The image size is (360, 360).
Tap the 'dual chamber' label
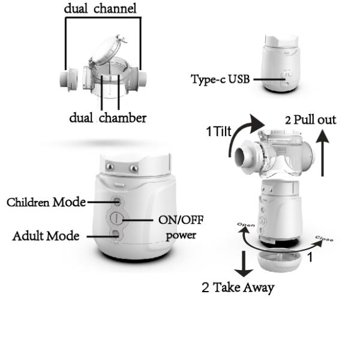point(107,118)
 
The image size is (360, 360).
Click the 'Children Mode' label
point(46,202)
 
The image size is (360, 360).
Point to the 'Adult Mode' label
point(46,236)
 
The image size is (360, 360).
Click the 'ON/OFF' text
point(181,220)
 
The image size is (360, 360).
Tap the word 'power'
point(181,235)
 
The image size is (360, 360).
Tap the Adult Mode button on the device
point(117,235)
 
